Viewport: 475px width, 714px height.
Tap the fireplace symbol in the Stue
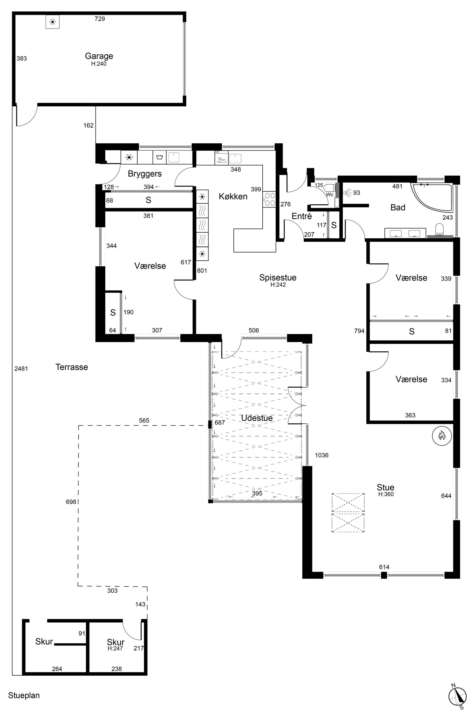click(x=442, y=436)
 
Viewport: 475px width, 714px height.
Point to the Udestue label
click(x=257, y=418)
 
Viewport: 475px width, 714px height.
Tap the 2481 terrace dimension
click(x=21, y=369)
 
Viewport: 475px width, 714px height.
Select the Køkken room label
click(x=233, y=197)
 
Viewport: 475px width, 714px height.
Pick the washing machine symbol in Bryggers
click(x=160, y=157)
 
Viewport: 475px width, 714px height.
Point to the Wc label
click(x=330, y=194)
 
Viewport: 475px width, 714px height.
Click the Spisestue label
click(x=278, y=277)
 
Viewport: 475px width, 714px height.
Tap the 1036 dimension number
click(x=322, y=455)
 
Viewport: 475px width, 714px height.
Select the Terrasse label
click(x=72, y=367)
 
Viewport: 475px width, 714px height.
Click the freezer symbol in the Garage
click(x=52, y=22)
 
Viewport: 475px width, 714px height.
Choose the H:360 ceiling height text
click(x=386, y=494)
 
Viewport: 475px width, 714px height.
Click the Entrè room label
click(x=302, y=216)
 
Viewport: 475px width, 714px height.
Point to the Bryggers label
click(x=145, y=174)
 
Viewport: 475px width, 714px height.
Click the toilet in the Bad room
click(x=439, y=229)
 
